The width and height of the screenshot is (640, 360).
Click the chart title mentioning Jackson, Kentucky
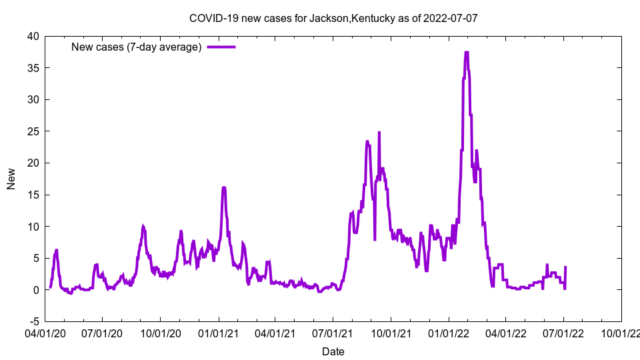(333, 18)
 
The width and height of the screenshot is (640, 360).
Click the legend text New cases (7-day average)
(137, 47)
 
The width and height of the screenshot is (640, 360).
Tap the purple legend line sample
(221, 47)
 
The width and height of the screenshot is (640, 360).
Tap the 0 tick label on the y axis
(36, 290)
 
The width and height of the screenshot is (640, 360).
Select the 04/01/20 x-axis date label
(45, 331)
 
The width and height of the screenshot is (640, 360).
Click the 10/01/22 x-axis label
(621, 331)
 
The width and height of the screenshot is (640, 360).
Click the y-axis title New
(11, 179)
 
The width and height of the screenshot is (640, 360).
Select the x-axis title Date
(333, 351)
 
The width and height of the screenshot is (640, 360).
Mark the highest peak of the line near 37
(467, 53)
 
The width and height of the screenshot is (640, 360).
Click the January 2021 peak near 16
(224, 188)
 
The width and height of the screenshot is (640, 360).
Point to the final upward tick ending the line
(565, 267)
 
